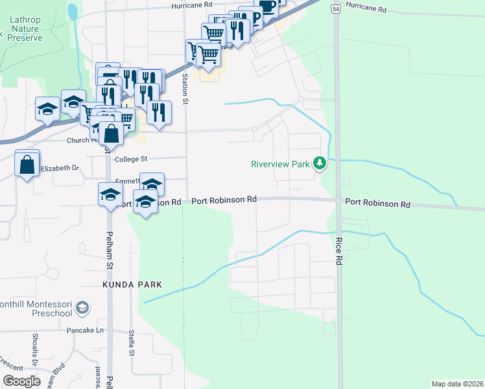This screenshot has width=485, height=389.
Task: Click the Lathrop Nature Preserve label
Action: click(25, 29)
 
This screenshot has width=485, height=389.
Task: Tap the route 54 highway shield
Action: click(335, 8)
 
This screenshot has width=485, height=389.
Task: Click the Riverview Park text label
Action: click(280, 164)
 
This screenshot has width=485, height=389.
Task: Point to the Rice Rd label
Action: click(338, 250)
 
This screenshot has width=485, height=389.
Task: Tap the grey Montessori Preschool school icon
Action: click(82, 308)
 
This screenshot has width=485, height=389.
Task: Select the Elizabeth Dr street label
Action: click(60, 169)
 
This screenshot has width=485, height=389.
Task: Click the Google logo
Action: click(21, 381)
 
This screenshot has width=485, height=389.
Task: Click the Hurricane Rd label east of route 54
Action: click(366, 10)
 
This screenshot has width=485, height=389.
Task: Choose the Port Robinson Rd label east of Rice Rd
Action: click(377, 204)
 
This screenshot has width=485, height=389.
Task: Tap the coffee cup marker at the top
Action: click(266, 6)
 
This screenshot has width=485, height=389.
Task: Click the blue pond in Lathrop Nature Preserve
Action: click(73, 11)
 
